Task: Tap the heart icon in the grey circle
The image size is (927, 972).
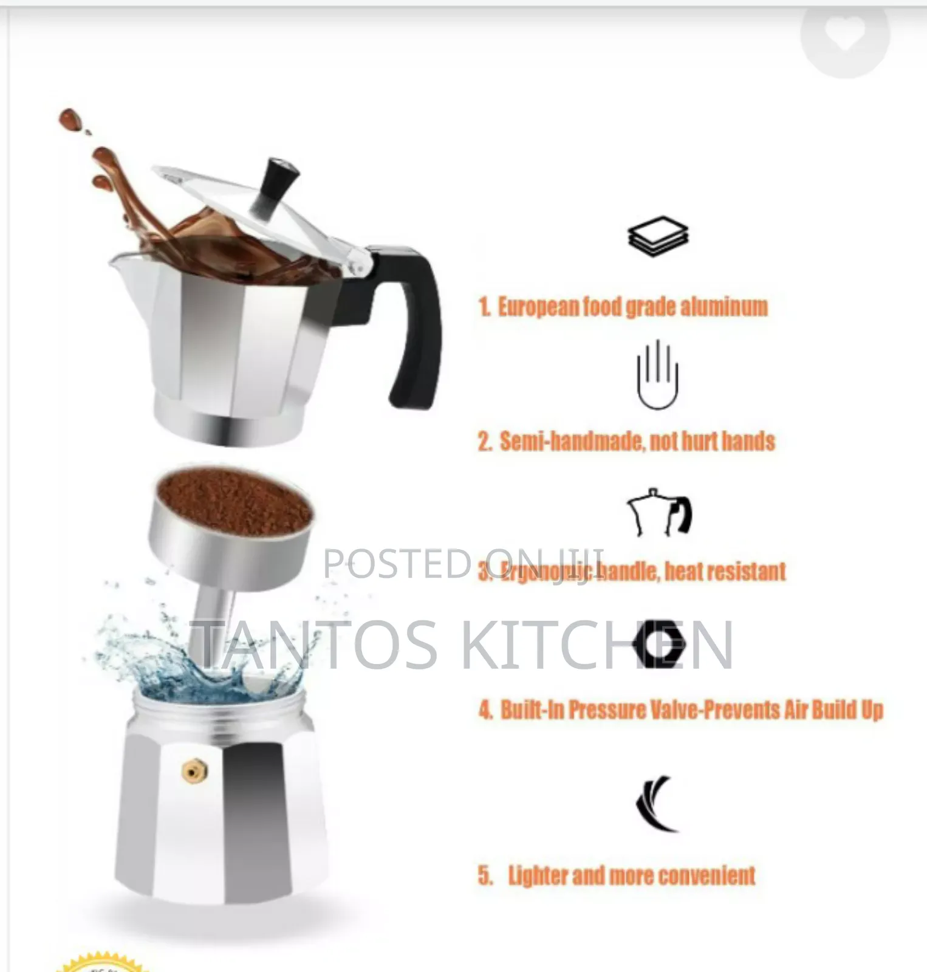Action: [846, 33]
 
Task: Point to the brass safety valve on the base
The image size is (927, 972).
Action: [194, 772]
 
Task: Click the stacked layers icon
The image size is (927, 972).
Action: [658, 236]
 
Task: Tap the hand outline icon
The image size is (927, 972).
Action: [657, 375]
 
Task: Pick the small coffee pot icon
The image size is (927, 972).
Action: [659, 513]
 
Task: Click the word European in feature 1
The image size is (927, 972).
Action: [538, 307]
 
